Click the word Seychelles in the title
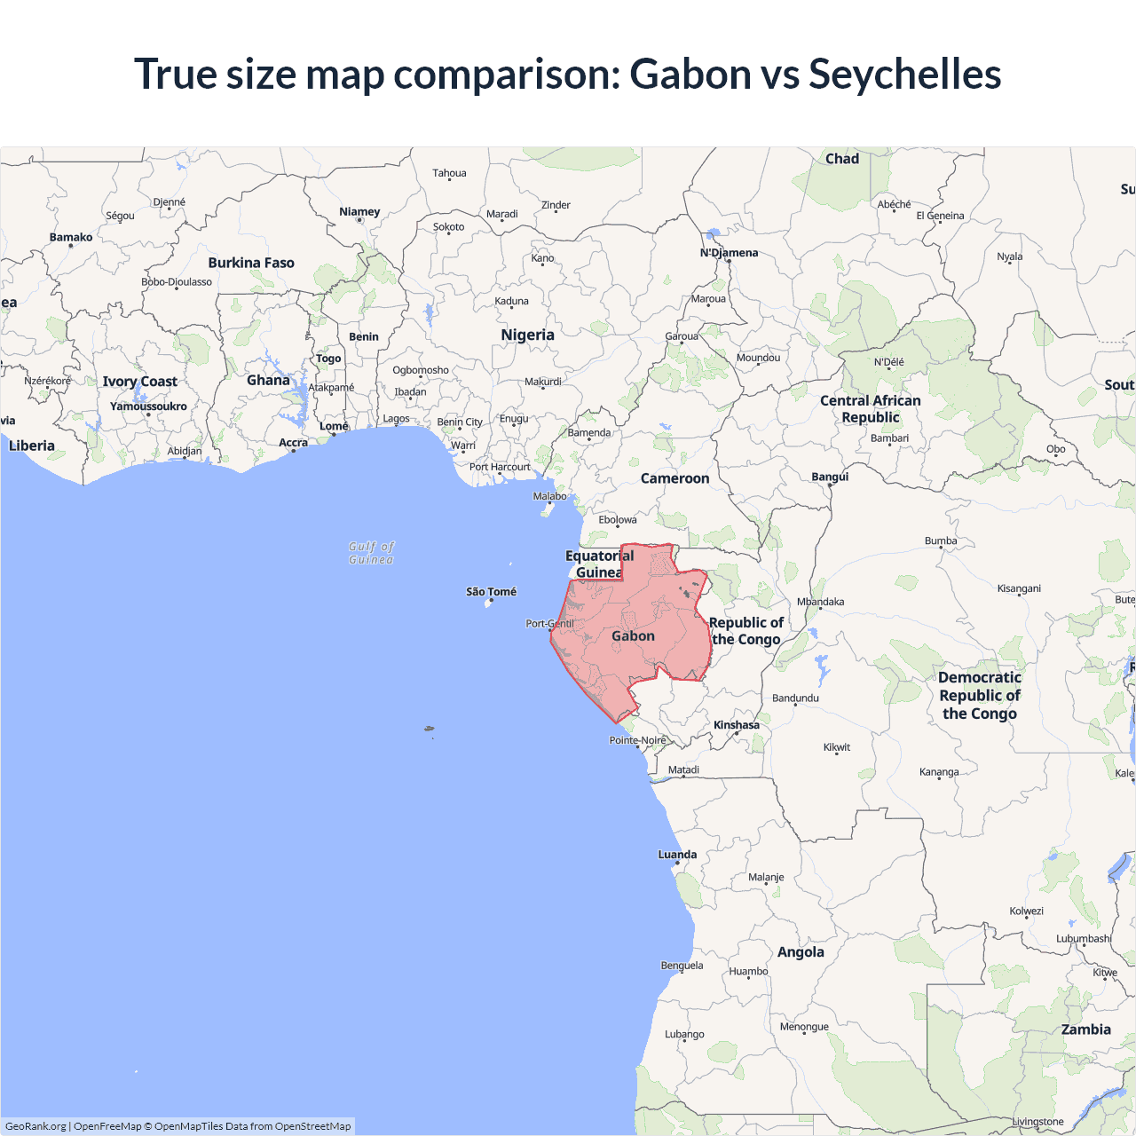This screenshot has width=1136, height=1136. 904,75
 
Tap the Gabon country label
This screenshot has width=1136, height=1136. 633,636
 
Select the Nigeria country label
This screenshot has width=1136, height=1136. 527,335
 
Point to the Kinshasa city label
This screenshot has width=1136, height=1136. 737,725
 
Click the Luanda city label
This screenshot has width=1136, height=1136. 677,855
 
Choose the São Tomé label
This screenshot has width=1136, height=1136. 491,592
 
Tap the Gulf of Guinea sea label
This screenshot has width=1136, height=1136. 371,553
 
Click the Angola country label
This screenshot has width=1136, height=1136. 801,952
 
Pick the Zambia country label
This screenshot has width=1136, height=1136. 1085,1029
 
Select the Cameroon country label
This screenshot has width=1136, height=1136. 674,478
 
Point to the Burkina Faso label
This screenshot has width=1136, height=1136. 251,263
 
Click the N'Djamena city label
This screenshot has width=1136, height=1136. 729,253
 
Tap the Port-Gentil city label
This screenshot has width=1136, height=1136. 549,624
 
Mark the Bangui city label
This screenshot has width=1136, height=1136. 830,477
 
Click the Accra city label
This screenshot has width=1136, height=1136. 293,443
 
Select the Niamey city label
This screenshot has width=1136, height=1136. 359,212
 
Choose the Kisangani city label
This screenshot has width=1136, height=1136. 1019,588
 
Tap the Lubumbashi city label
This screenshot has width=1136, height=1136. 1084,938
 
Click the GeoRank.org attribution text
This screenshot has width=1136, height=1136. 35,1126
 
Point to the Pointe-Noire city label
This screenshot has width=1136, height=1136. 637,740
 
